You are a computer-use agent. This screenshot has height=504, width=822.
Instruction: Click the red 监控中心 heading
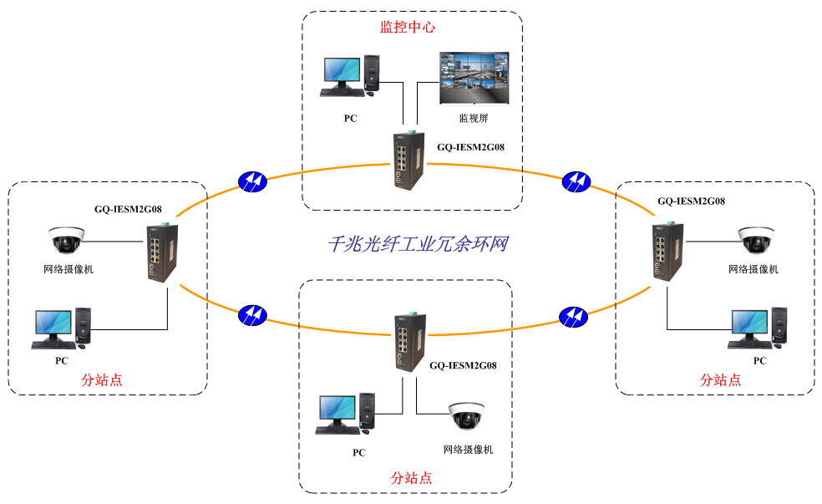[408, 27]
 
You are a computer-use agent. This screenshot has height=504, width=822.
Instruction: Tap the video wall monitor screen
[473, 79]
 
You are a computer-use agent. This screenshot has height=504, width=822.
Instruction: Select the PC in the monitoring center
[351, 77]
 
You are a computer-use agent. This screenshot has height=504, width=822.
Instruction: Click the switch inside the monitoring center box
[405, 161]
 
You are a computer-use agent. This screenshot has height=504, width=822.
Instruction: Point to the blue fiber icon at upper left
[252, 181]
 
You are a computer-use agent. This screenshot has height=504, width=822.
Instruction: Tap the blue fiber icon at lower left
[252, 314]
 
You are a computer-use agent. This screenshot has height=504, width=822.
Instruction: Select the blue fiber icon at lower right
[573, 315]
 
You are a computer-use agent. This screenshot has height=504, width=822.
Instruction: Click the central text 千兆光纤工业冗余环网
[417, 244]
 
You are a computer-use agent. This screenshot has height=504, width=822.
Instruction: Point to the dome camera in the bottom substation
[465, 416]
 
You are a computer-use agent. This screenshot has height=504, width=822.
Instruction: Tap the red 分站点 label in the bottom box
[411, 478]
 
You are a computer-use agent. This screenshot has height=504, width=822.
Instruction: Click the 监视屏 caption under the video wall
[473, 118]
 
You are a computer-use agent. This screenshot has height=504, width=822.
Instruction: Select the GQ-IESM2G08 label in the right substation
[691, 201]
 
